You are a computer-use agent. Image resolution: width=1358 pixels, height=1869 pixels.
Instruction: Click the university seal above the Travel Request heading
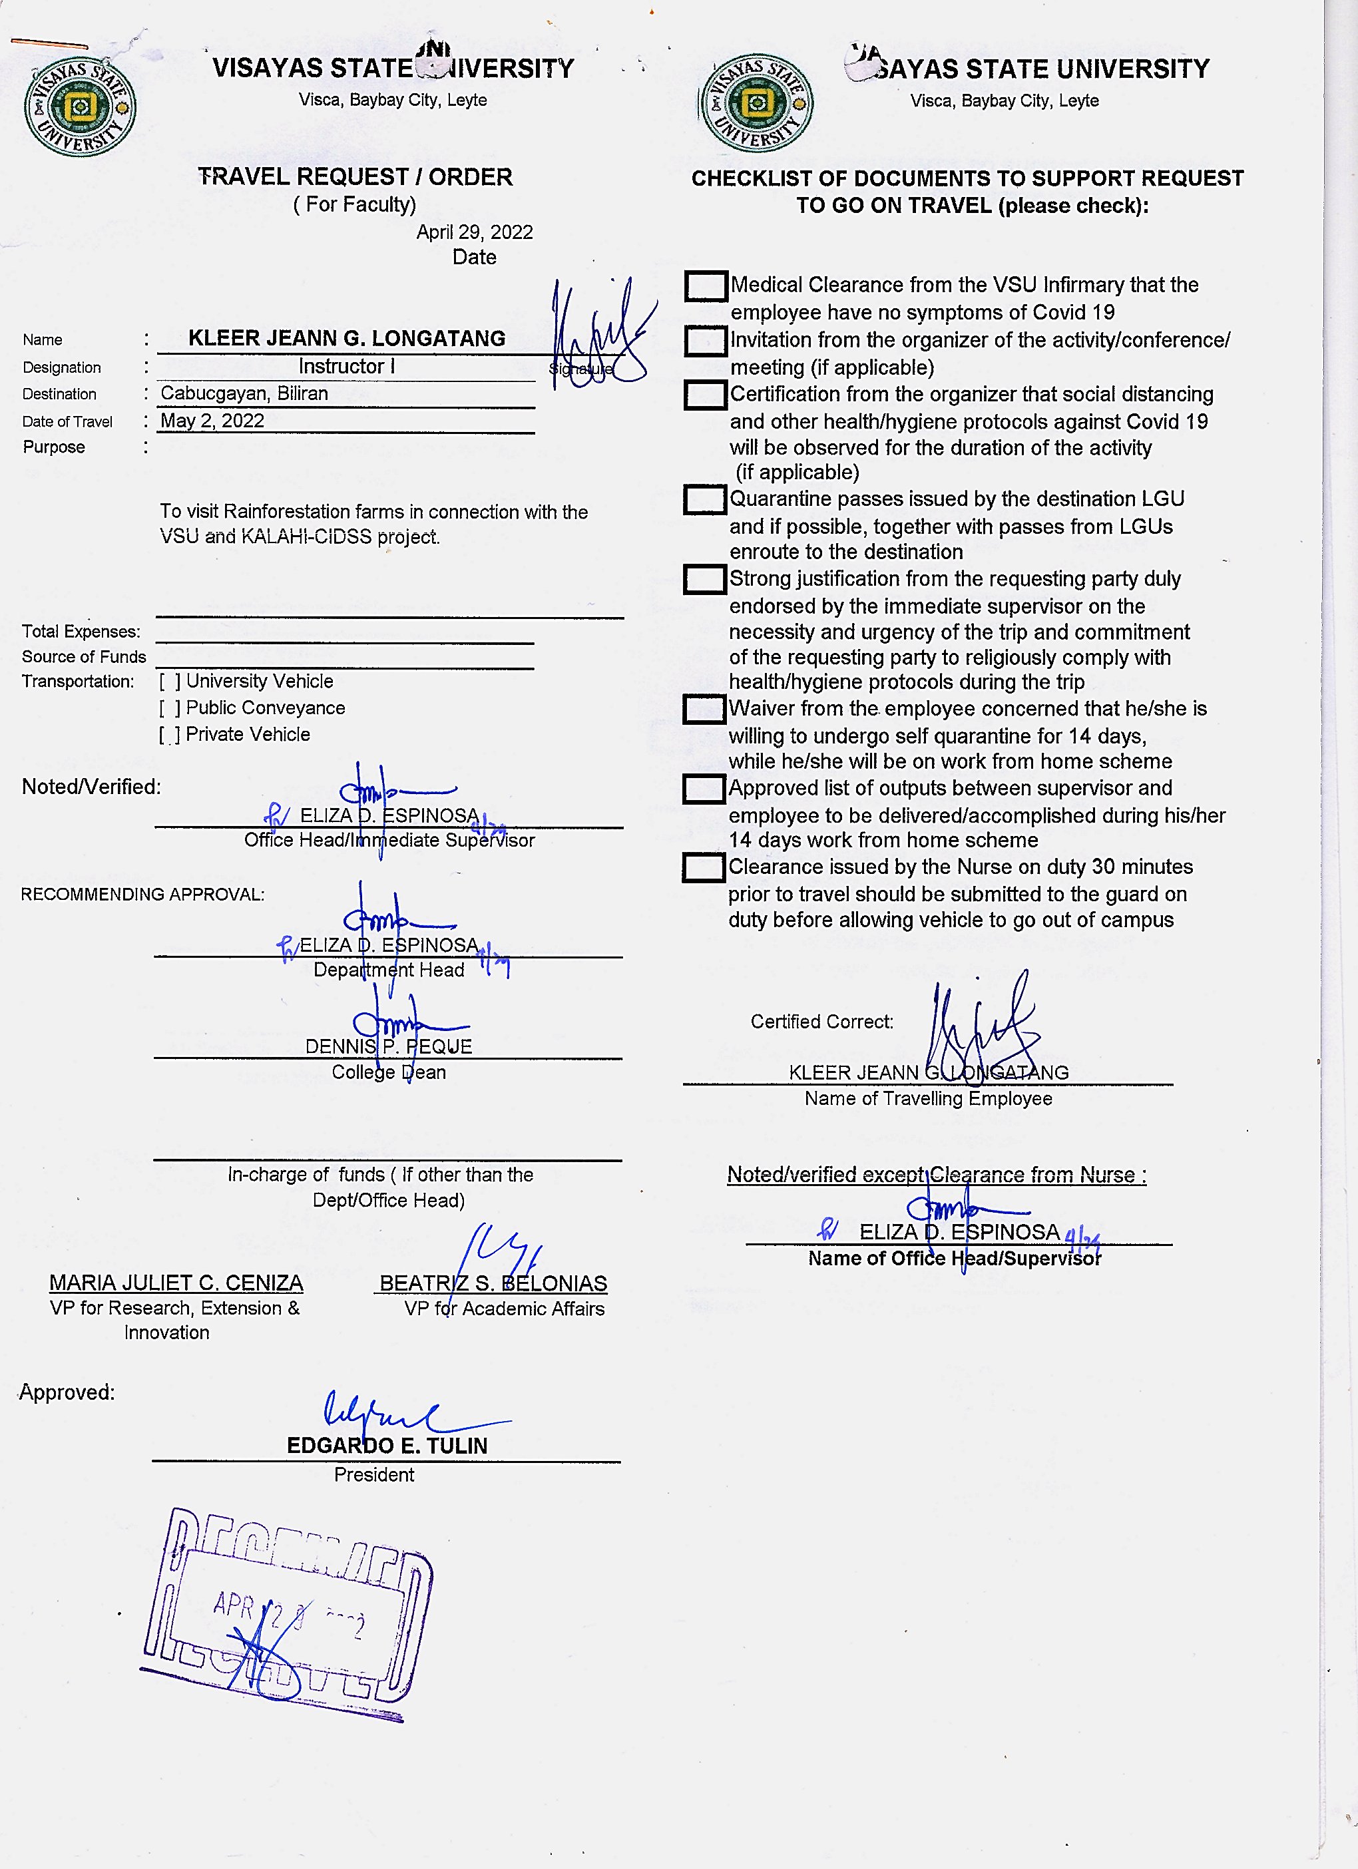(80, 106)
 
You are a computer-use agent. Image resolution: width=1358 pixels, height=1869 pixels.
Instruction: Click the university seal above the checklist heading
(756, 103)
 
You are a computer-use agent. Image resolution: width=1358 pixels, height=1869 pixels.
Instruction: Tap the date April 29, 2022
(474, 232)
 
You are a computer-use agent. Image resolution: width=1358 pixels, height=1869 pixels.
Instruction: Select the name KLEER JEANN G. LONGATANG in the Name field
(346, 339)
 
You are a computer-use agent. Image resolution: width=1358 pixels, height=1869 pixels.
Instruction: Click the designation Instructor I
(346, 367)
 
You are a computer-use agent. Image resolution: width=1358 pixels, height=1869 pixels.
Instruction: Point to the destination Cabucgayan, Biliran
(244, 394)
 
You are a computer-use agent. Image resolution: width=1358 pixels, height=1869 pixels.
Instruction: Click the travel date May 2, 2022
(212, 421)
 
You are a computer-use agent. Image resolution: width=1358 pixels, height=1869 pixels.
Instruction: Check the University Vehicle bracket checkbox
(170, 682)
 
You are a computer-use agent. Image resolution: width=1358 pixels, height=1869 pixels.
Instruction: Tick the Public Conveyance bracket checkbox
(170, 708)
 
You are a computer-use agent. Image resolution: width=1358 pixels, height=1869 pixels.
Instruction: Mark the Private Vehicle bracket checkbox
(170, 734)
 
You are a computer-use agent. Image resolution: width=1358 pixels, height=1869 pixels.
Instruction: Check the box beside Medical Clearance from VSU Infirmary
(706, 286)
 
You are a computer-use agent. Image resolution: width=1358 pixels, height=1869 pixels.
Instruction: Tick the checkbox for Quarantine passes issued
(704, 499)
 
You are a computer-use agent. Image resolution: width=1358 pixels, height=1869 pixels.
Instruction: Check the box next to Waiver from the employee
(704, 709)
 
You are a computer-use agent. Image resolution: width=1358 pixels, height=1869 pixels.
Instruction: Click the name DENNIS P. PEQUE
(388, 1046)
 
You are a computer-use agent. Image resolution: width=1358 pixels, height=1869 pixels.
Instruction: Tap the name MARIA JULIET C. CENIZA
(176, 1283)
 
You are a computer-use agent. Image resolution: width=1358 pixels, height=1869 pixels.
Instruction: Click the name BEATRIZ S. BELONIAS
(493, 1284)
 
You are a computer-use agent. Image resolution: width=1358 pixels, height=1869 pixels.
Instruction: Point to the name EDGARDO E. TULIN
(387, 1446)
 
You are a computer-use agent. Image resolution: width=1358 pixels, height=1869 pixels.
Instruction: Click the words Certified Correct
(821, 1022)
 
